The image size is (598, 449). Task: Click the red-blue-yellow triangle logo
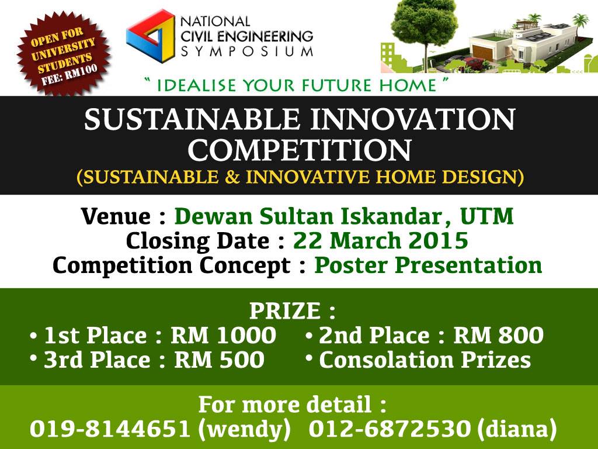[151, 36]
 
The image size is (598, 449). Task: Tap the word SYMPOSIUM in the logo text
[247, 51]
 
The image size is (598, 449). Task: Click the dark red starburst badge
[64, 53]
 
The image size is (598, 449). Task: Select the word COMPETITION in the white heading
[300, 150]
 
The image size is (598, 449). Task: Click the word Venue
[116, 216]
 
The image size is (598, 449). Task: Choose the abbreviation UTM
[486, 216]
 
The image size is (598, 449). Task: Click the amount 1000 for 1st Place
[246, 335]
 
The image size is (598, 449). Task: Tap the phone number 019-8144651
[110, 429]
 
